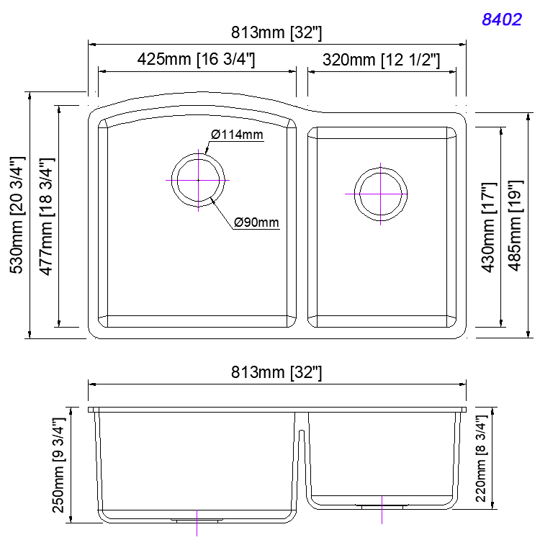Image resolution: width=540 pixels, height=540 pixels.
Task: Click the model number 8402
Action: (501, 19)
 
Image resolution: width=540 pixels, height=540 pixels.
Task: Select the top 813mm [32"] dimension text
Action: (276, 32)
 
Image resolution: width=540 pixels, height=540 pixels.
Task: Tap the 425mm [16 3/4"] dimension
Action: (197, 60)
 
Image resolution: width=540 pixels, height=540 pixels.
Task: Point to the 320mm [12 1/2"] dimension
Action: (381, 60)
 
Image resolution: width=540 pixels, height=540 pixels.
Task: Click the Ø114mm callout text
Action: (238, 135)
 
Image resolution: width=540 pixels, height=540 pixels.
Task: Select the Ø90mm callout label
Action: (256, 222)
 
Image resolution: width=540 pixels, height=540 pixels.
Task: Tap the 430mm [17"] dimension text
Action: (489, 228)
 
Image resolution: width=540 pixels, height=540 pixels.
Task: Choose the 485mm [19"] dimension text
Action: (515, 228)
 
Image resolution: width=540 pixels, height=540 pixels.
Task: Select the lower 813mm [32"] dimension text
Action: (276, 372)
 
